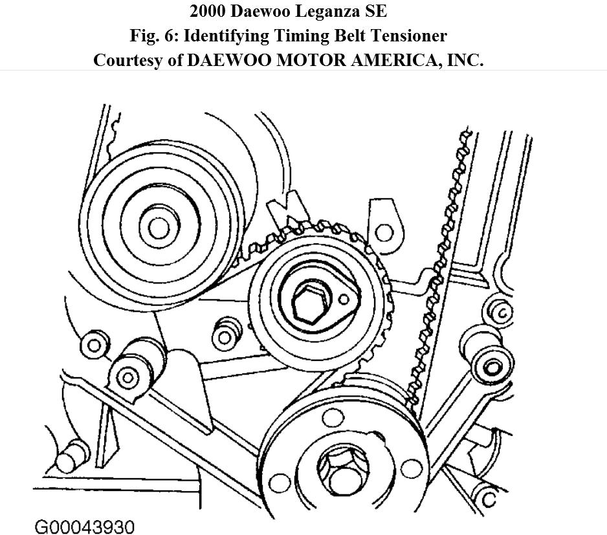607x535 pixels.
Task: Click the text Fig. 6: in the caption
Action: point(182,36)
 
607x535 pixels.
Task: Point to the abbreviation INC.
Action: point(465,60)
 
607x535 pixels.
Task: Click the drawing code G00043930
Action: point(84,526)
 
